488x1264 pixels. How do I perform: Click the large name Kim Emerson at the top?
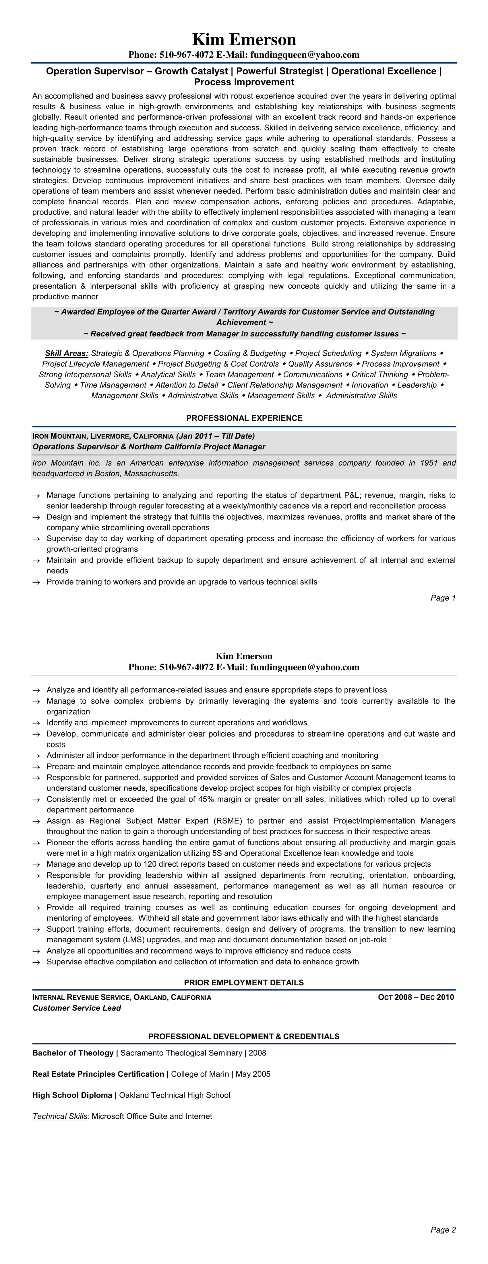[244, 40]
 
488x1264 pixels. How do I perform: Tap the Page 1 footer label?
[443, 598]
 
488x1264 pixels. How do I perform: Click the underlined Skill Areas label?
[67, 353]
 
